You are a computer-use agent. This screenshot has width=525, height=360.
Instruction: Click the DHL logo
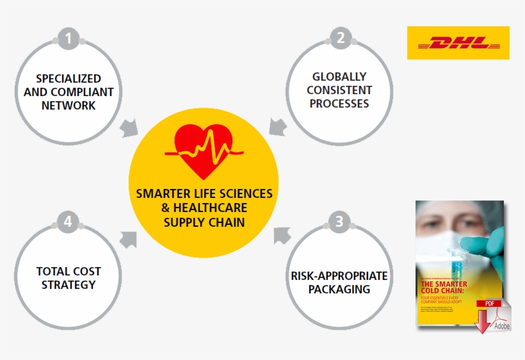[x=458, y=43]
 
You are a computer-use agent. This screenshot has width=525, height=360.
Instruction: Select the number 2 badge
[x=341, y=38]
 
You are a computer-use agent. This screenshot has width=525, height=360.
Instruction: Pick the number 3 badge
[x=340, y=222]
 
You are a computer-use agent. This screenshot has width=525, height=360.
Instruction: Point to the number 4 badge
[x=69, y=223]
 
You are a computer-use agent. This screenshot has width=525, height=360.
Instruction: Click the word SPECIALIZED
[x=69, y=78]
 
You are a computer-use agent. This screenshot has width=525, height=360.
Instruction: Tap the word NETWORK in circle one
[x=69, y=106]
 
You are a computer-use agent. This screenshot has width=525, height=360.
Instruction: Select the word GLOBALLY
[x=339, y=76]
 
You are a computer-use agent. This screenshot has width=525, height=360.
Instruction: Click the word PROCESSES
[x=339, y=104]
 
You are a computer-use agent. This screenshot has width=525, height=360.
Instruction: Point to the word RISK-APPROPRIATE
[x=339, y=276]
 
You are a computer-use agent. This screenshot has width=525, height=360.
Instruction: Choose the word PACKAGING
[x=339, y=290]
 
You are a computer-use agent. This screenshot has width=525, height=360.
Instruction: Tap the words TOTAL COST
[x=69, y=271]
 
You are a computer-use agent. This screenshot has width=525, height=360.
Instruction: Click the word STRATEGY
[x=69, y=284]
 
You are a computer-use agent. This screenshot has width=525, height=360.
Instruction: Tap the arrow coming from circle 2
[x=277, y=126]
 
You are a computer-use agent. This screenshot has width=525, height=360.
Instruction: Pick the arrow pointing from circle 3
[x=282, y=235]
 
